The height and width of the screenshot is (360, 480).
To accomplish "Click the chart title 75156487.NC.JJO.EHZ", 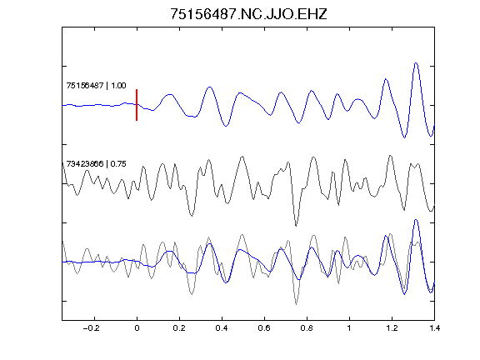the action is (x=248, y=14).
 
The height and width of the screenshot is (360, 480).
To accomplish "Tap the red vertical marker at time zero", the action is (x=137, y=105).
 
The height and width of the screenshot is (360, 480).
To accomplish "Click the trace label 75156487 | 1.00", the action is (x=96, y=85).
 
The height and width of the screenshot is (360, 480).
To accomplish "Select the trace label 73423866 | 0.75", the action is (x=96, y=164).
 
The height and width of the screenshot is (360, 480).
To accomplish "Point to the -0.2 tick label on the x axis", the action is (x=91, y=328).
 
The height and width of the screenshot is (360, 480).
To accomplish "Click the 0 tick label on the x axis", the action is (x=137, y=328).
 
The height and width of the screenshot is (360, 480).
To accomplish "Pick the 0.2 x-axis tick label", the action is (x=179, y=328).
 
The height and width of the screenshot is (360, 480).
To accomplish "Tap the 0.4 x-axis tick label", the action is (x=222, y=328).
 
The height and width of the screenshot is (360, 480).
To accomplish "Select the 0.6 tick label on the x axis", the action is (x=264, y=328).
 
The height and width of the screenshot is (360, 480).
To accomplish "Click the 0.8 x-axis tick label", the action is (x=307, y=328).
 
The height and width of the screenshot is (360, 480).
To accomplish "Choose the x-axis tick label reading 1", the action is (x=349, y=328).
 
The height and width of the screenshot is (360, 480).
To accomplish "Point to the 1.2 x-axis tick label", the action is (x=392, y=328).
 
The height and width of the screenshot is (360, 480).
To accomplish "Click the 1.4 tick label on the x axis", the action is (x=434, y=328).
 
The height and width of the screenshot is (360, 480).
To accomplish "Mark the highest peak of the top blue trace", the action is (x=416, y=63).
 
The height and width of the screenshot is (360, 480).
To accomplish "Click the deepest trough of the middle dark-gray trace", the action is (x=296, y=226).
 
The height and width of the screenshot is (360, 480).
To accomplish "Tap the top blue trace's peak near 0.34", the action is (x=210, y=87).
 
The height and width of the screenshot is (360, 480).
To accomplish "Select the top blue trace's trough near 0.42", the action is (x=226, y=126).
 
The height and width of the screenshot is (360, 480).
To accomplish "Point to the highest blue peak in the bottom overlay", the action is (x=416, y=220).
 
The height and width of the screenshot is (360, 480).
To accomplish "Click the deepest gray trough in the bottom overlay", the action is (x=296, y=304).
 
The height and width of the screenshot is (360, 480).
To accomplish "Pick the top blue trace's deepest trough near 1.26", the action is (x=405, y=137).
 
